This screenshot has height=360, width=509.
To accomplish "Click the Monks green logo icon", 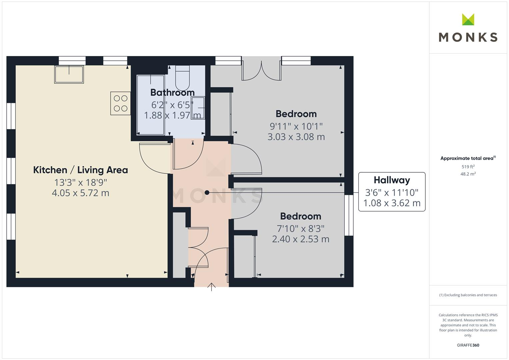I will (468, 20).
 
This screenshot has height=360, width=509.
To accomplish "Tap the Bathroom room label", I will (172, 92).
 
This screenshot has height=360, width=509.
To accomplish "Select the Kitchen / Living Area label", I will (80, 170).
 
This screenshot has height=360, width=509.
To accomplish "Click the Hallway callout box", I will (392, 192).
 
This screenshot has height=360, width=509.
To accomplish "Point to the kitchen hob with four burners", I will (120, 103).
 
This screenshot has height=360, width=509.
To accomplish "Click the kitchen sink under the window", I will (69, 74).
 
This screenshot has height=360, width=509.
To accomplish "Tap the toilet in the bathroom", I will (182, 77).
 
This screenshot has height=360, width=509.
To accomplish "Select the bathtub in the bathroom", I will (151, 105).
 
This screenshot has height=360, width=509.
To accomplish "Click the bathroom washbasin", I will (198, 108).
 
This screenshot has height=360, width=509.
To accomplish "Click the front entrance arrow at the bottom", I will (211, 287).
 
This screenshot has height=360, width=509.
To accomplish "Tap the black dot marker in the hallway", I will (207, 192).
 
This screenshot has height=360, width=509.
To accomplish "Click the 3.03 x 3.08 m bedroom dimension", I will (296, 137).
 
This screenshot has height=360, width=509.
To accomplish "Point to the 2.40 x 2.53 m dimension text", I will (300, 239).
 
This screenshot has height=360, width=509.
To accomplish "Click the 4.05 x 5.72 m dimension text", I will (80, 193).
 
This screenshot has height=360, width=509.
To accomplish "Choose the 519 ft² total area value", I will (468, 167).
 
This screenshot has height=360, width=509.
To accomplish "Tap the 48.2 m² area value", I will (468, 174).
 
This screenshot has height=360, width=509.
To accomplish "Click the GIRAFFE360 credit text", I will (468, 345).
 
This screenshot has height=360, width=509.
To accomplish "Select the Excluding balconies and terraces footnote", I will (468, 295).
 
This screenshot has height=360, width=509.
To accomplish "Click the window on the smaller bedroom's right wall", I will (349, 215).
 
